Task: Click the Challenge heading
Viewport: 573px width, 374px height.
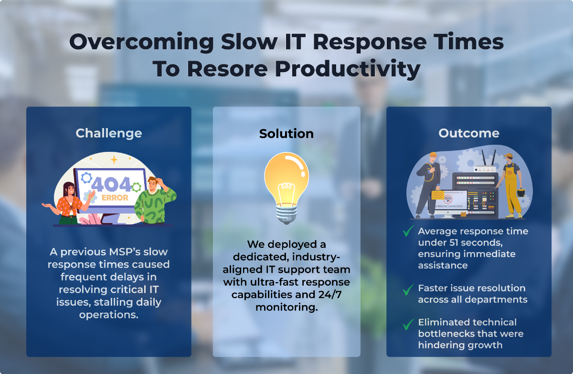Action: pyautogui.click(x=108, y=133)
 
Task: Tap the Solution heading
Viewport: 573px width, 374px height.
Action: pyautogui.click(x=286, y=133)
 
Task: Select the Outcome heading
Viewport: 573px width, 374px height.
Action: pyautogui.click(x=468, y=133)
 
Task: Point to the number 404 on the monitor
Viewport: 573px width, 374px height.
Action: pyautogui.click(x=110, y=184)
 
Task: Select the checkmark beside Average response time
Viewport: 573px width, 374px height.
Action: pyautogui.click(x=408, y=232)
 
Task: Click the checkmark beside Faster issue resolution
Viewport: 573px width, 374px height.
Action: pyautogui.click(x=408, y=289)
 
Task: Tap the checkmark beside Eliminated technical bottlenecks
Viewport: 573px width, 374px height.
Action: pyautogui.click(x=408, y=325)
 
